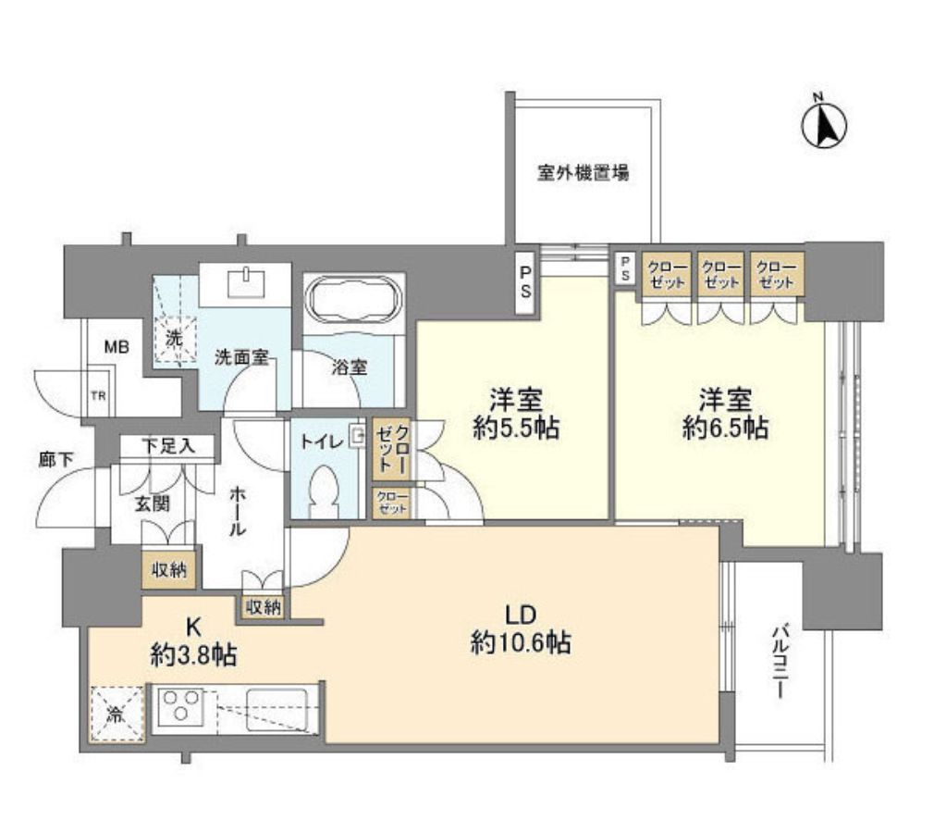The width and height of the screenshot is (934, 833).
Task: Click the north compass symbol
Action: [x=825, y=125]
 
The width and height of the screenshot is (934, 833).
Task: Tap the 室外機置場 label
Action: [x=584, y=172]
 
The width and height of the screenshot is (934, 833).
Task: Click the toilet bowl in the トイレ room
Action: [x=323, y=491]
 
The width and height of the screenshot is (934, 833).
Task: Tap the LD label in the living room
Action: [x=520, y=614]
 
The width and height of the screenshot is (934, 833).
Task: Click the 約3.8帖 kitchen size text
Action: [x=193, y=656]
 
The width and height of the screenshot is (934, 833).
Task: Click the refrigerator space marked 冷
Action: [x=117, y=715]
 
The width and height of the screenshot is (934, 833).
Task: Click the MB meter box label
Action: [x=116, y=348]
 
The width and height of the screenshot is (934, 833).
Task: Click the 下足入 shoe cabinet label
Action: [x=167, y=446]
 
